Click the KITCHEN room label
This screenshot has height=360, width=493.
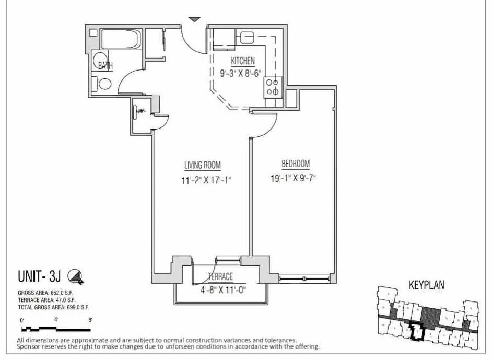pos(243,61)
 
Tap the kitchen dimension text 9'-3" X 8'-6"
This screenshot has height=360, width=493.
pos(240,74)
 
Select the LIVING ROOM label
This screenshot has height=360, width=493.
pos(203,166)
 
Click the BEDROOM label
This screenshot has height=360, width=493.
pos(296,164)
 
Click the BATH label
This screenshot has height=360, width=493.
pos(106,65)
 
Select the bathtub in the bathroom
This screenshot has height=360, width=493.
pos(121,39)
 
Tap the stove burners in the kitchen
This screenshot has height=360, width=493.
pos(273,87)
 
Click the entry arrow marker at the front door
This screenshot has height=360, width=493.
pos(194,19)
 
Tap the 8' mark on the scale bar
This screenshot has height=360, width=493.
pos(90,319)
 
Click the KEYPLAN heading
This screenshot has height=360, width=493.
pos(426,286)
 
